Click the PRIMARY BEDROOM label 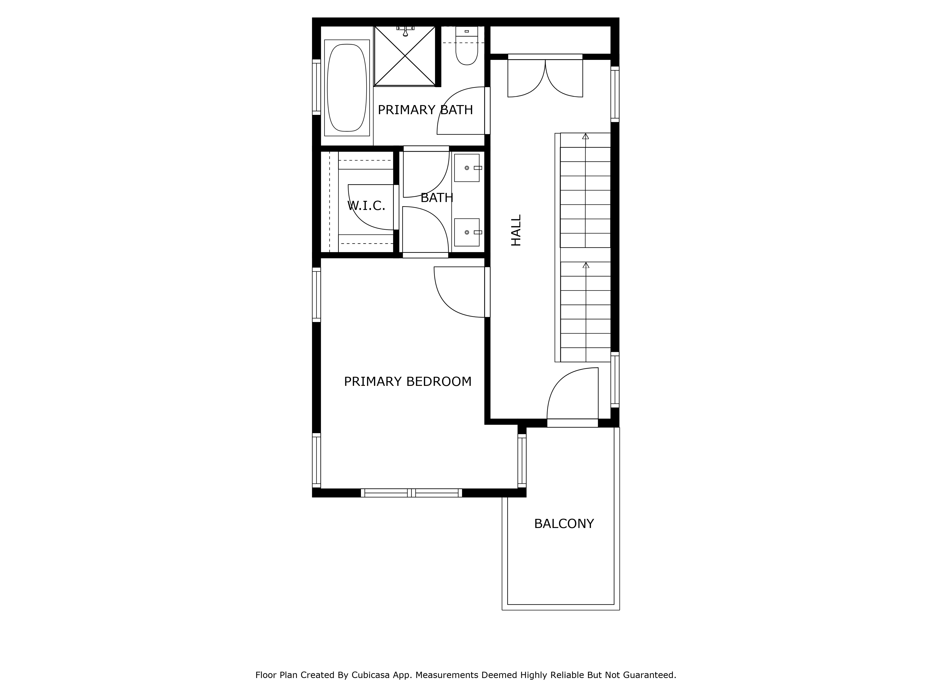pyautogui.click(x=408, y=381)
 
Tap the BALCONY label pyautogui.click(x=564, y=524)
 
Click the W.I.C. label pyautogui.click(x=366, y=206)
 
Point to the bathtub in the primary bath pyautogui.click(x=347, y=88)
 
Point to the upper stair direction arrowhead pyautogui.click(x=585, y=136)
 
